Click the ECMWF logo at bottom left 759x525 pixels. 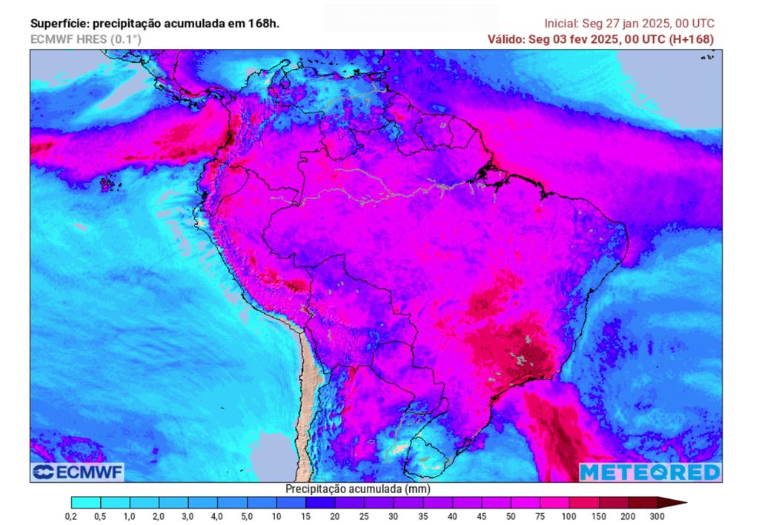point(77,472)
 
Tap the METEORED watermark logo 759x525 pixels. point(649,472)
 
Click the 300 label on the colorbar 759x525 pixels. point(657,516)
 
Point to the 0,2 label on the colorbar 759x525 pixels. point(71,516)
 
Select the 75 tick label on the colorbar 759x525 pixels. point(540,516)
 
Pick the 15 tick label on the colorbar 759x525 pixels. point(305,516)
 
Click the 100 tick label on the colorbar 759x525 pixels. point(569,516)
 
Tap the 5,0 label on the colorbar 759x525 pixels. point(247,516)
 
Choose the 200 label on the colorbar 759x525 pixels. point(627,516)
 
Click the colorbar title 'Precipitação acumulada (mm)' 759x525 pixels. point(358,489)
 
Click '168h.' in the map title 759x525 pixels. point(265,24)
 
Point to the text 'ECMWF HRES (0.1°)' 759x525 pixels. point(85,39)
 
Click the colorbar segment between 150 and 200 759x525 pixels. point(612,502)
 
